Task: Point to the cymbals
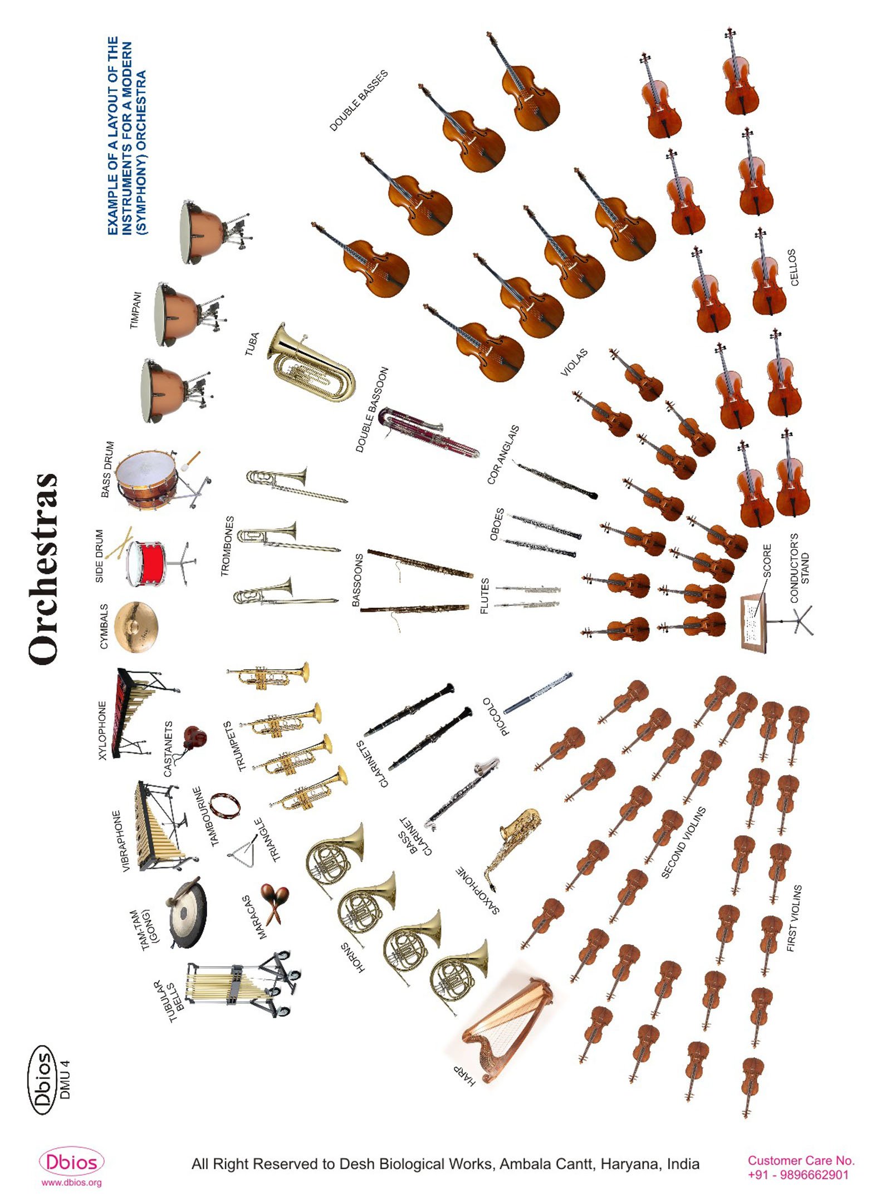point(136,626)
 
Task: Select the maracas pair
point(275,902)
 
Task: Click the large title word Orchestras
point(43,568)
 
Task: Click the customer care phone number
point(797,1175)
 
